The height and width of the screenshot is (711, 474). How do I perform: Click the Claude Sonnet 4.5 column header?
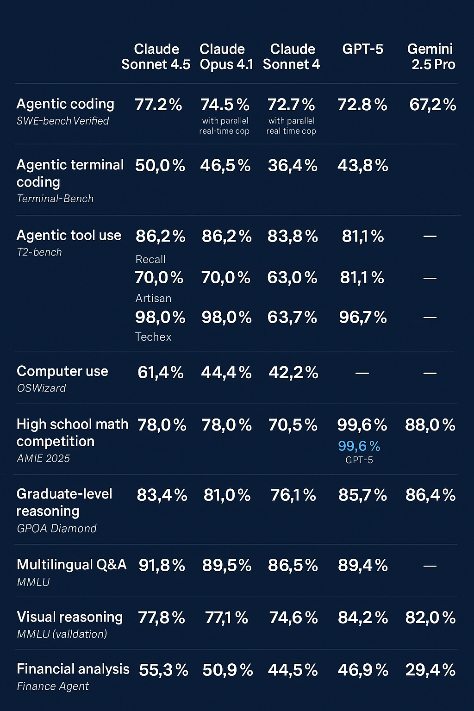point(156,56)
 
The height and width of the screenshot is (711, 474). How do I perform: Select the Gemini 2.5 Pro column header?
point(431,56)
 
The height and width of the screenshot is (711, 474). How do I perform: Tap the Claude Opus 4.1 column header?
point(226,56)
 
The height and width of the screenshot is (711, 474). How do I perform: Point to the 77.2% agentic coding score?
point(158,105)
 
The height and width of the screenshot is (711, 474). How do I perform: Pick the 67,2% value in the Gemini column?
point(432,105)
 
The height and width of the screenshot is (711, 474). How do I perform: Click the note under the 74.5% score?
point(225,126)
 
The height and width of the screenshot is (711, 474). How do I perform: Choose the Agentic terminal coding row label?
point(70,173)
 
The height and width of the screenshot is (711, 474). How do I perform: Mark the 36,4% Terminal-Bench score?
point(293,166)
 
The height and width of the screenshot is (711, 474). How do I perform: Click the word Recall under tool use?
point(150,259)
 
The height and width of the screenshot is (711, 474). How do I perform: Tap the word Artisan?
point(153,298)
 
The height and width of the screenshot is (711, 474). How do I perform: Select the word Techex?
point(153,337)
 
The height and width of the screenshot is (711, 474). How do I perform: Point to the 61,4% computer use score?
point(161,373)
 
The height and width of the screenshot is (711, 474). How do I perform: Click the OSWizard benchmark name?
point(41,388)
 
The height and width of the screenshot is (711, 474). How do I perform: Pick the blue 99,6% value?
point(359,446)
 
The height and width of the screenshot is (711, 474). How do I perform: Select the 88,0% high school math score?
point(430,425)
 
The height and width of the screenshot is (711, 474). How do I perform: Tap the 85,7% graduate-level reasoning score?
point(362,495)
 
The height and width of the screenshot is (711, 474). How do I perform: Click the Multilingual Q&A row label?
point(71,565)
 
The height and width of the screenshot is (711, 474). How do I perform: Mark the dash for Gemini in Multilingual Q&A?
point(430,566)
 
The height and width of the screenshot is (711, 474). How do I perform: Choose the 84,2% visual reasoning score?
point(362,617)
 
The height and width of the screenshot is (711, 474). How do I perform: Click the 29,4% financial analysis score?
point(430,670)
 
